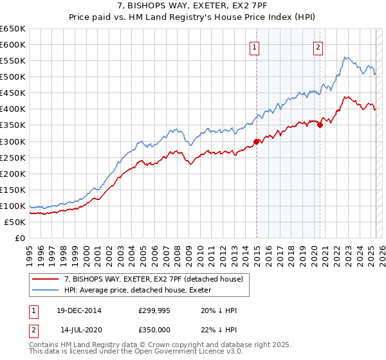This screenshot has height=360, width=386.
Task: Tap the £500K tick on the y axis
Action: coord(12,76)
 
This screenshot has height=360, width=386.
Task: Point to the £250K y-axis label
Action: coord(12,157)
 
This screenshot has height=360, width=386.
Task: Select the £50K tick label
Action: coord(15,222)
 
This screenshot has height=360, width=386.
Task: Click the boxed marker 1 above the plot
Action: coord(255,46)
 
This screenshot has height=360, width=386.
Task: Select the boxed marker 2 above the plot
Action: coord(318,46)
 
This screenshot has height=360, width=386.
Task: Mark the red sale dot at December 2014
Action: coord(256,141)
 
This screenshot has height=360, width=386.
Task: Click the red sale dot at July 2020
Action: coord(320,125)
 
